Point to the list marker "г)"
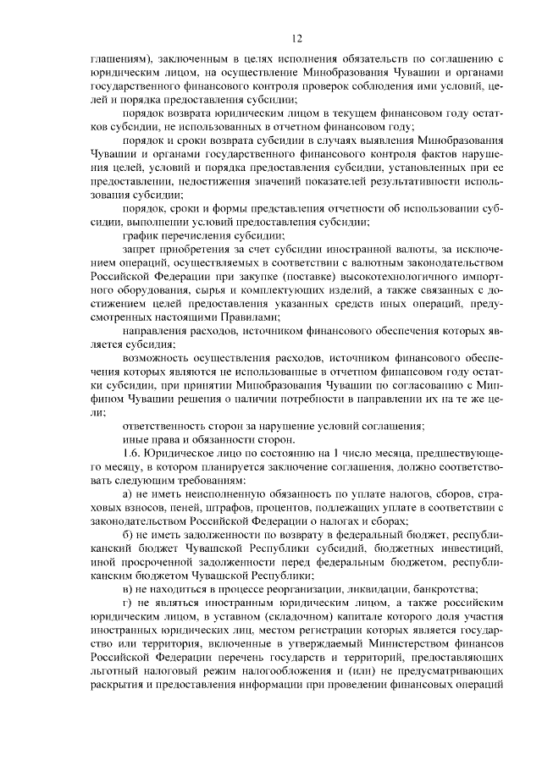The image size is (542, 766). [128, 602]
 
